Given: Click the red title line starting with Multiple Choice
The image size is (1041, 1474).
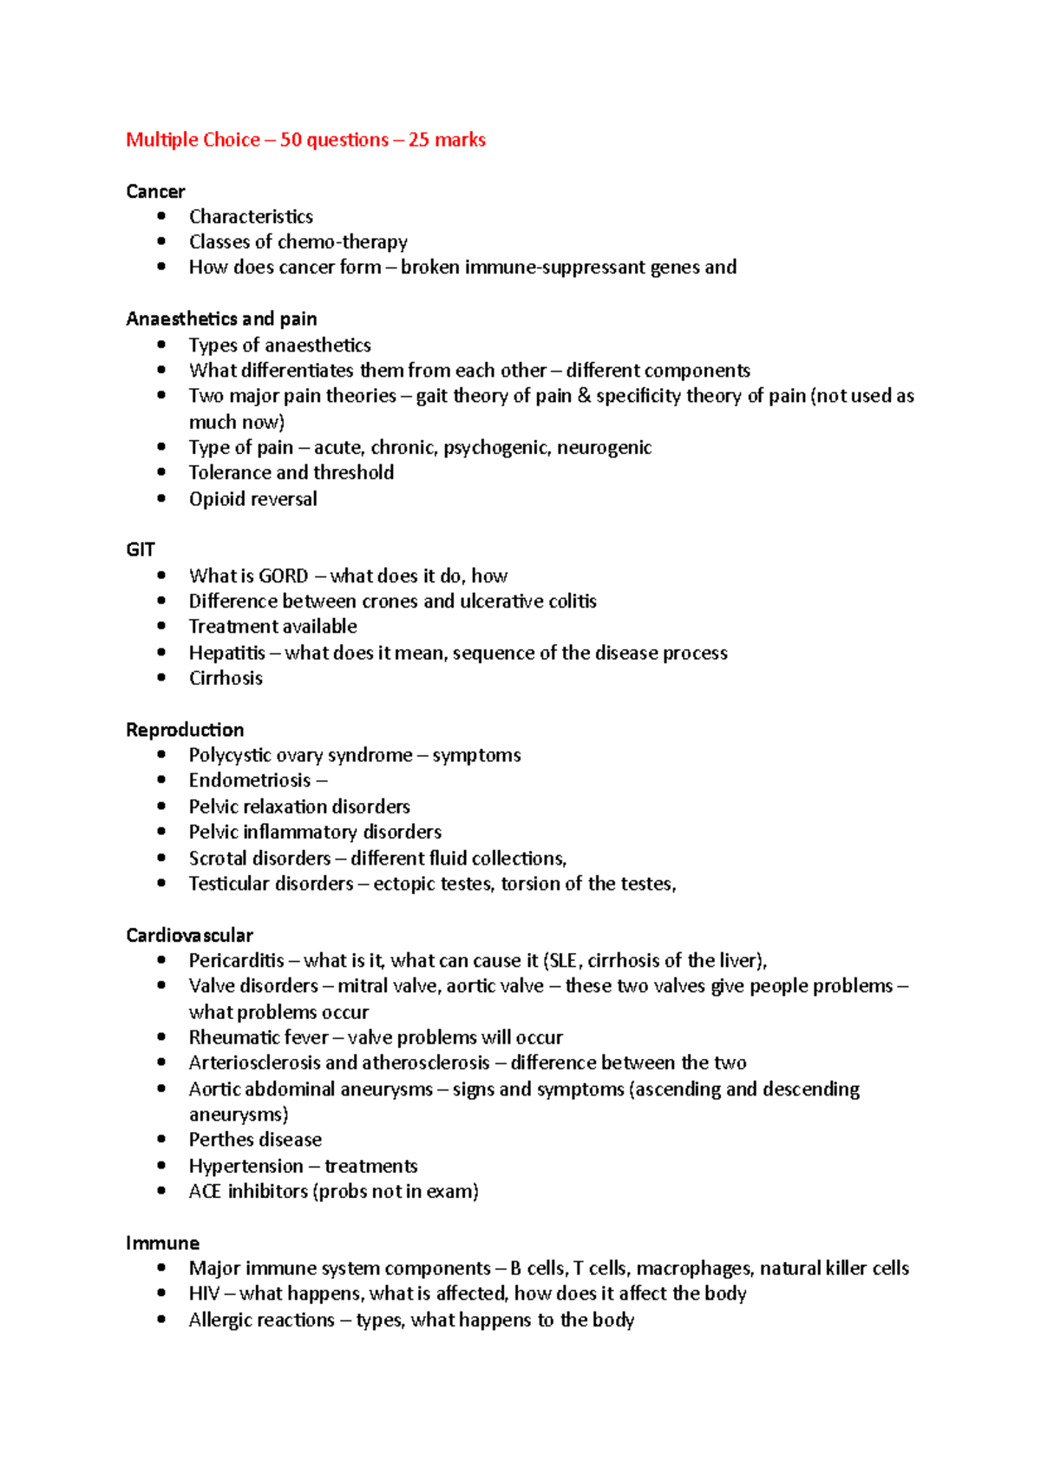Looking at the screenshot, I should [305, 140].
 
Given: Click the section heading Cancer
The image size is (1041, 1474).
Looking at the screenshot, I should [155, 191].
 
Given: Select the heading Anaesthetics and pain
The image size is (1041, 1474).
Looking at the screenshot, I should [221, 319].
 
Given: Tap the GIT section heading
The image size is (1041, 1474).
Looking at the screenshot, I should [141, 549].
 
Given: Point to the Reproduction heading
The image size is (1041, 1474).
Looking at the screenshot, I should [185, 729].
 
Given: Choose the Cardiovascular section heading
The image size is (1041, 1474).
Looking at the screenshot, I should [189, 935].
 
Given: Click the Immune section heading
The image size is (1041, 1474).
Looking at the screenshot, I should [162, 1242].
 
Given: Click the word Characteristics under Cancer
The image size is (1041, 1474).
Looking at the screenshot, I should [251, 216].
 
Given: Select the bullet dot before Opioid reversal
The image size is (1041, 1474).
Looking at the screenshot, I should [161, 498].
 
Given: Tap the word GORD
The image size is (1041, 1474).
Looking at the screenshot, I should [284, 576].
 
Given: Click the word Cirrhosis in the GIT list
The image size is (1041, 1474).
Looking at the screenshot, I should [226, 678].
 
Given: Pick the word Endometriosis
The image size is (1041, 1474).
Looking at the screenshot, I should [250, 780].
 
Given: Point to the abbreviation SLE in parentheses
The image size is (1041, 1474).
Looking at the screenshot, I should [565, 961].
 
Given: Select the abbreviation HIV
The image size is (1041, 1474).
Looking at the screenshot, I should [204, 1293].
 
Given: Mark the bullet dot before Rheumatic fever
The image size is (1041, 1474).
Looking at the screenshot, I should [161, 1036].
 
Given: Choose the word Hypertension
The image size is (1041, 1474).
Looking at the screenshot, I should [246, 1166].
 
